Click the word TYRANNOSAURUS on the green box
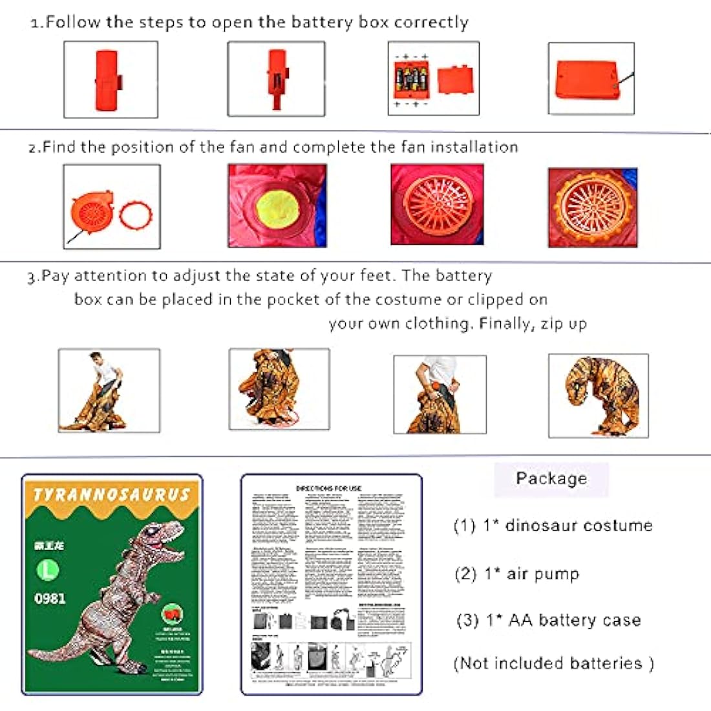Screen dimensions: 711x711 click(x=111, y=496)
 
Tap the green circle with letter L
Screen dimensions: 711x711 click(x=48, y=570)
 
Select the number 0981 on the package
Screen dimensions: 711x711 click(x=50, y=599)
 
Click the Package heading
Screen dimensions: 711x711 click(x=551, y=478)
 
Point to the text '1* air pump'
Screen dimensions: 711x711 click(x=531, y=574)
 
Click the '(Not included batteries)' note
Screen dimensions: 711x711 click(x=553, y=663)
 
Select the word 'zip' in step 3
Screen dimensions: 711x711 click(x=553, y=324)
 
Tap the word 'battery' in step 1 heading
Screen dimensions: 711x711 click(x=322, y=23)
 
